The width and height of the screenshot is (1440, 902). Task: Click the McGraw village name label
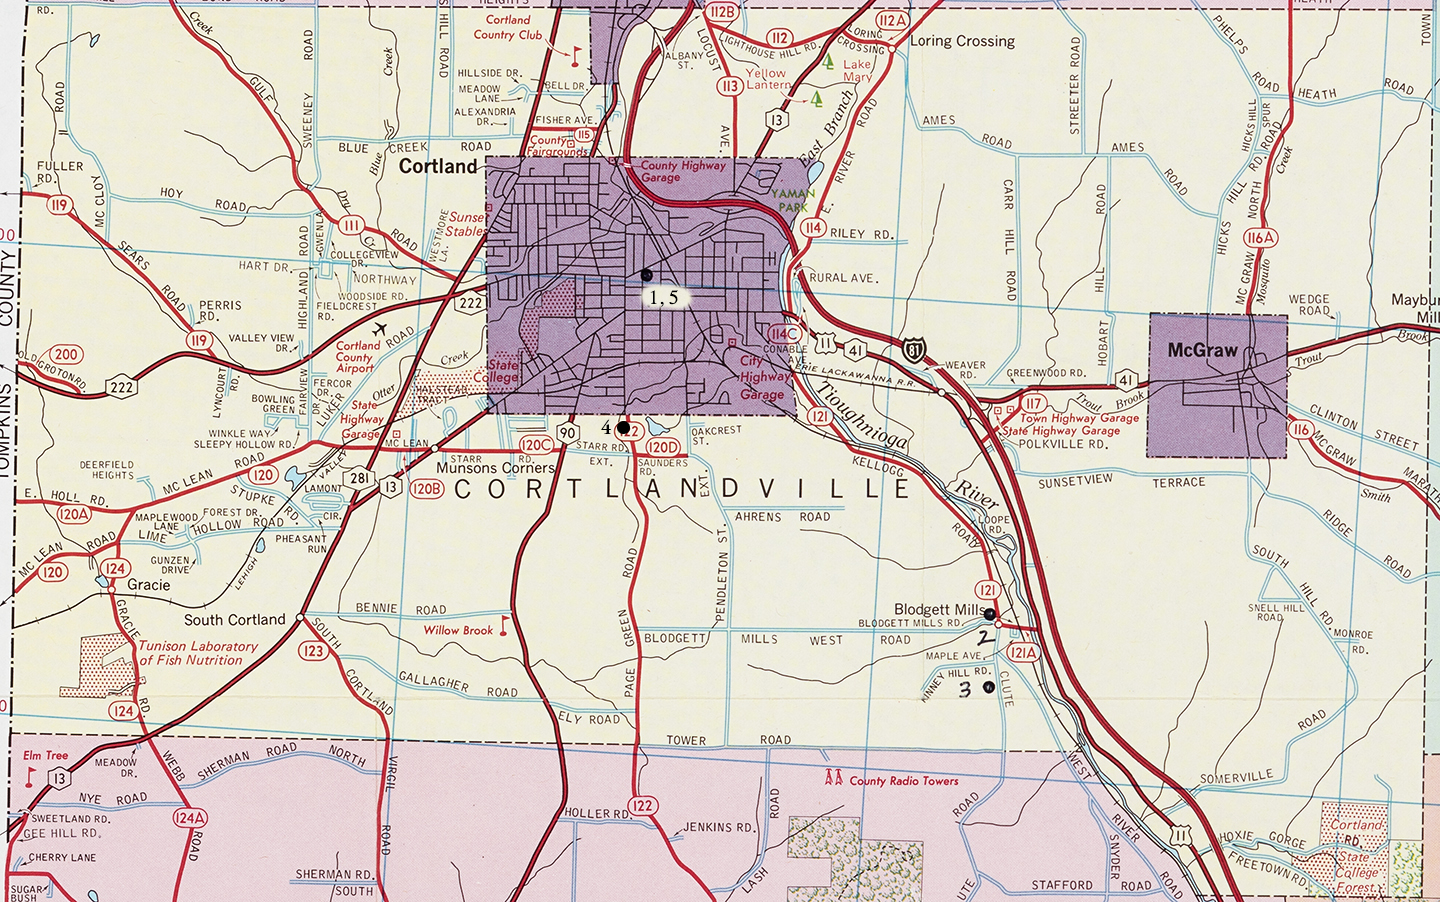click(1202, 351)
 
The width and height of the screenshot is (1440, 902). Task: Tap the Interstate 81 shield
click(914, 350)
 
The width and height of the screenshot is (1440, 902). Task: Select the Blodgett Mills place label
click(939, 609)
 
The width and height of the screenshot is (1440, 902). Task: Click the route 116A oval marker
click(1260, 238)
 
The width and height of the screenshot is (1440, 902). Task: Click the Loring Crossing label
click(962, 41)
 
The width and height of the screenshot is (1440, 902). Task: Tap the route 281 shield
click(360, 479)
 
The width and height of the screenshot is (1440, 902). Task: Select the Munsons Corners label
click(495, 468)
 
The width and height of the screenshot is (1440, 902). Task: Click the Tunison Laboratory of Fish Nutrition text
click(197, 653)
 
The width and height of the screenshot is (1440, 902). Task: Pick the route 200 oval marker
click(66, 354)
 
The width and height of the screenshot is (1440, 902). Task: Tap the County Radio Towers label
click(903, 781)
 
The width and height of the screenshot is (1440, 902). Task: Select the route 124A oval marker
click(189, 817)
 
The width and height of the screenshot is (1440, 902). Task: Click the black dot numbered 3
click(989, 687)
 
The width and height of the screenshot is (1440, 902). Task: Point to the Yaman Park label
click(793, 200)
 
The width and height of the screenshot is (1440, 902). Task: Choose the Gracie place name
click(148, 585)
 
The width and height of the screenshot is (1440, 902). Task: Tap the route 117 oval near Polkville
click(1033, 404)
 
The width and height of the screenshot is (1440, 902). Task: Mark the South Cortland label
click(234, 620)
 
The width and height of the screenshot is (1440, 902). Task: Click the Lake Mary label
click(857, 70)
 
